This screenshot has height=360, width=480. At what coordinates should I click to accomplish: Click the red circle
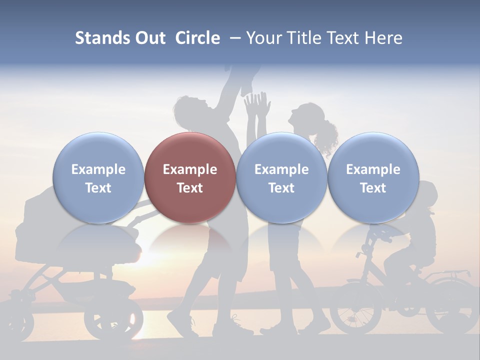point(190,177)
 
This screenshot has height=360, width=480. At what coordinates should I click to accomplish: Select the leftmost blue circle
point(98,177)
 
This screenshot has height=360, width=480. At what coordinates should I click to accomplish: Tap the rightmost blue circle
point(373,177)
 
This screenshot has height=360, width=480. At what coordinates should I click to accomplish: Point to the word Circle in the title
point(197,38)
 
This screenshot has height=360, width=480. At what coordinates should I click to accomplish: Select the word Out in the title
point(150,38)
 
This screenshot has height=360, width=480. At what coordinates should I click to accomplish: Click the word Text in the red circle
point(190,188)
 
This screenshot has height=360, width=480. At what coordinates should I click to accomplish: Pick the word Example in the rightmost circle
point(373,169)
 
